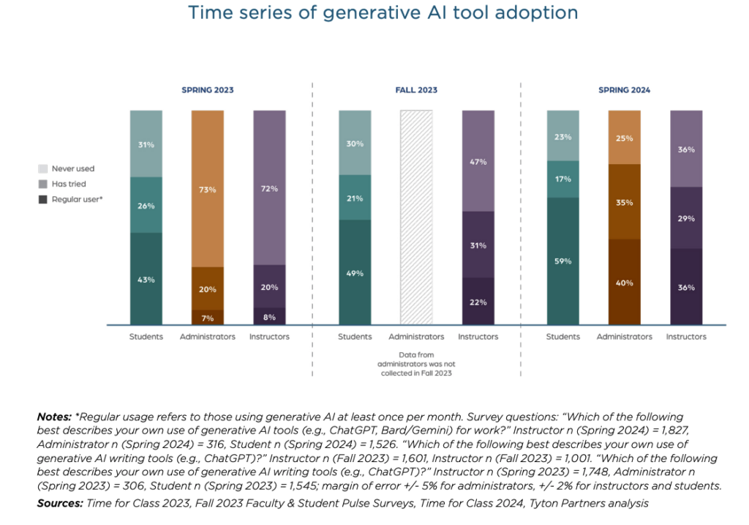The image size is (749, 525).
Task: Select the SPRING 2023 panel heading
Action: pyautogui.click(x=208, y=90)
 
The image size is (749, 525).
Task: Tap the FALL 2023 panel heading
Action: pyautogui.click(x=416, y=90)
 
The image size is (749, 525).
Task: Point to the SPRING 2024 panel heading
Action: pyautogui.click(x=624, y=90)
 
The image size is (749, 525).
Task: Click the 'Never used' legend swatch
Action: pyautogui.click(x=43, y=168)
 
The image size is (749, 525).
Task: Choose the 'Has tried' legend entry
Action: pyautogui.click(x=69, y=184)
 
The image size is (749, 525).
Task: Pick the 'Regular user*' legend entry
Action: pyautogui.click(x=76, y=199)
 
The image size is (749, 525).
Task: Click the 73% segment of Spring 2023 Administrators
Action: pyautogui.click(x=208, y=189)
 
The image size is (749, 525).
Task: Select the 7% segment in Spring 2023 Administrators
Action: pyautogui.click(x=208, y=317)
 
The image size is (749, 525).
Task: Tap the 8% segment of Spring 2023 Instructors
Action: pyautogui.click(x=269, y=317)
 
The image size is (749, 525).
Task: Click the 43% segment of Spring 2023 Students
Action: pyautogui.click(x=146, y=279)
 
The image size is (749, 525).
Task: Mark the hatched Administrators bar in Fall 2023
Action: pyautogui.click(x=416, y=217)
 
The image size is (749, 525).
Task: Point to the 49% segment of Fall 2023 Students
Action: pyautogui.click(x=355, y=272)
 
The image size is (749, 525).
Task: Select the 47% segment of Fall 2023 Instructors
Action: pyautogui.click(x=478, y=161)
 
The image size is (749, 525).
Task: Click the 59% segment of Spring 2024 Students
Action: pyautogui.click(x=563, y=261)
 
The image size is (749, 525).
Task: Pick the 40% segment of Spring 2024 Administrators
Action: pyautogui.click(x=625, y=282)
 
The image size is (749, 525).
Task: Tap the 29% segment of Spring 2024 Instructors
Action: pyautogui.click(x=686, y=218)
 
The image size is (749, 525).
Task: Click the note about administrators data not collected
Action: pyautogui.click(x=416, y=363)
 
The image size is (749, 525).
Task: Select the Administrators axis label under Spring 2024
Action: pyautogui.click(x=625, y=337)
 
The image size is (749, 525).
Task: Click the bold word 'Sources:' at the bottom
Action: pyautogui.click(x=60, y=503)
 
